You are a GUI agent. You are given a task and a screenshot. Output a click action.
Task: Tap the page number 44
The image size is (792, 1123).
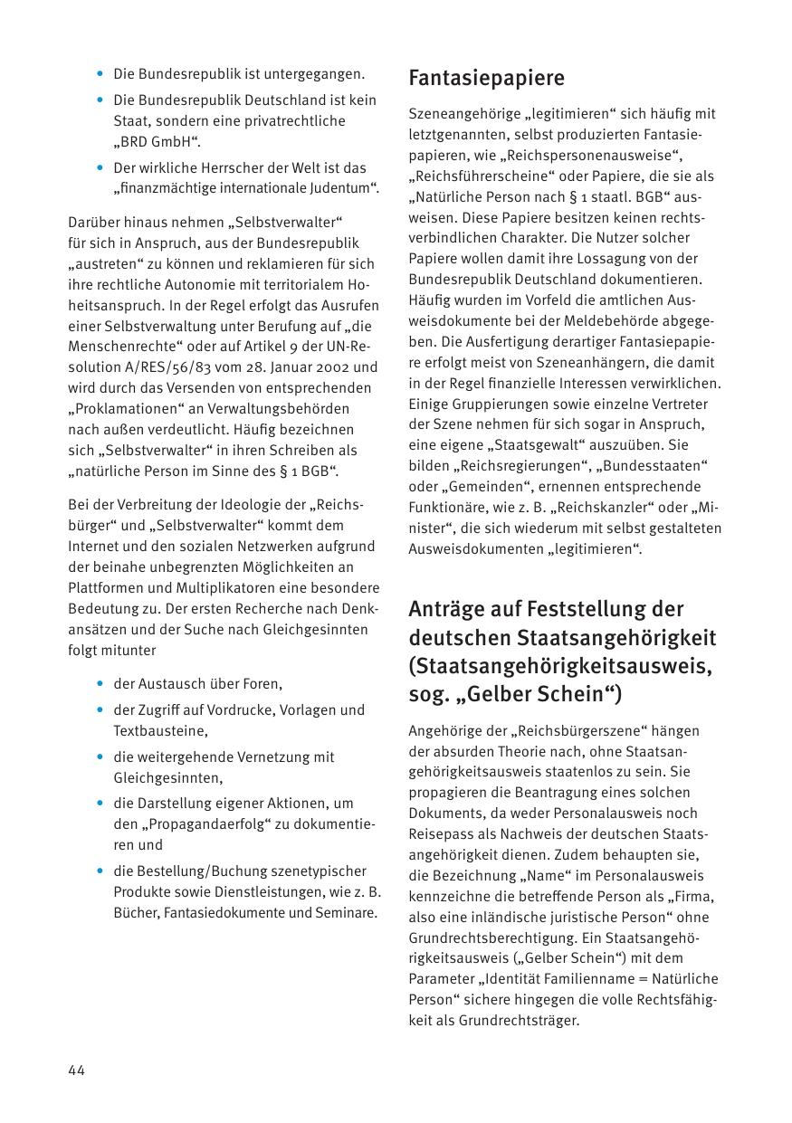click(76, 1071)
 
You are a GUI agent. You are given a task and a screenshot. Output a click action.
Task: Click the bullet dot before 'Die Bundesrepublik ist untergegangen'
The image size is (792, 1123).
click(100, 73)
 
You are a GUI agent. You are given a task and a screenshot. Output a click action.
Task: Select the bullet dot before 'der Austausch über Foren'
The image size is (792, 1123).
click(100, 684)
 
